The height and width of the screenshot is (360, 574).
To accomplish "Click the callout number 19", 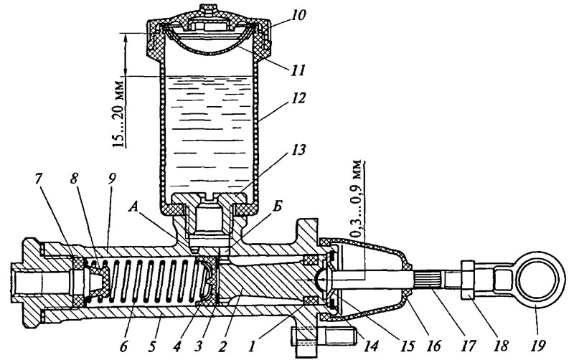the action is [x=537, y=346].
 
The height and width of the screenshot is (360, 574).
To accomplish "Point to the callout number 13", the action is [x=298, y=150].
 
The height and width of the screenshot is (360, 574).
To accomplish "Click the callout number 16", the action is [x=433, y=346].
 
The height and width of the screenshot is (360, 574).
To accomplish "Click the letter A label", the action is [x=134, y=209].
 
